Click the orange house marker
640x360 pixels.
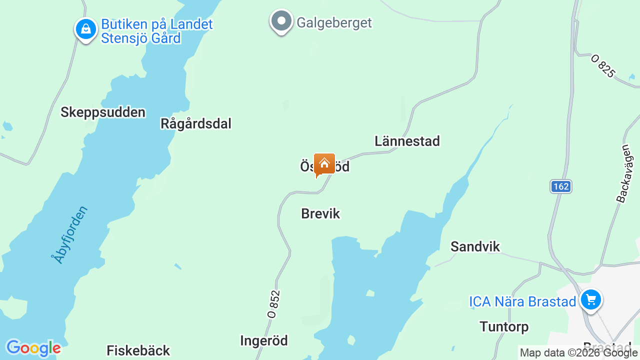[x=324, y=164]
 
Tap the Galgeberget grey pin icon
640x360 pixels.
[x=281, y=21]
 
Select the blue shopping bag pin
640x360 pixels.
[x=86, y=29]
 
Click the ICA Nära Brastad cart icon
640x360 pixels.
[x=591, y=300]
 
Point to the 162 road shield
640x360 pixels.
[x=561, y=186]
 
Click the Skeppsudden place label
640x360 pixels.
[x=103, y=112]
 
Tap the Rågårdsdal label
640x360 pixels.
[x=196, y=123]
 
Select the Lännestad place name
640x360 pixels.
[x=407, y=141]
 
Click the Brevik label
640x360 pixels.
[x=320, y=214]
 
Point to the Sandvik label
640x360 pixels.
[x=475, y=246]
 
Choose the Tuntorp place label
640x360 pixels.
[x=504, y=327]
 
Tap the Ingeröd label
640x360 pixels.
[x=264, y=341]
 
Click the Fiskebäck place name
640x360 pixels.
[x=138, y=350]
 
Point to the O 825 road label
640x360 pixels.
[x=602, y=65]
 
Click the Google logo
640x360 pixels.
[x=33, y=348]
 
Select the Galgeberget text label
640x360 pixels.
[x=334, y=23]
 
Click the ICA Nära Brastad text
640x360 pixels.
[x=522, y=301]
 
